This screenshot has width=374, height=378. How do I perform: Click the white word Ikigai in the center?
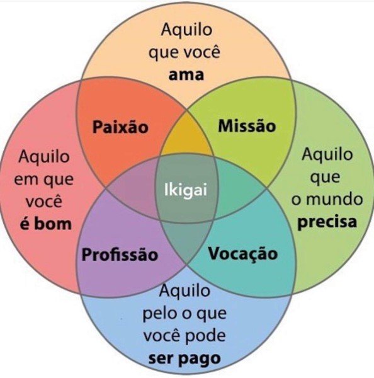(x=186, y=190)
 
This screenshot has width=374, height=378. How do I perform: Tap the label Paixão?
(x=120, y=127)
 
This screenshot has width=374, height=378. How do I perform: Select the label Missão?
(x=247, y=125)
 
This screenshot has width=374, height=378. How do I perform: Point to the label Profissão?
(x=120, y=254)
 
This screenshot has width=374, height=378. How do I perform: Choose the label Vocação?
(x=243, y=254)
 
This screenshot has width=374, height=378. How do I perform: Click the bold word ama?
(x=186, y=75)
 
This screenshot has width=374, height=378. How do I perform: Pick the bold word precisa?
(x=327, y=222)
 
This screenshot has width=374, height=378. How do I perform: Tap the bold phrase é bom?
(x=46, y=223)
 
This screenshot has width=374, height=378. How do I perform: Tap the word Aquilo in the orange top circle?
(x=187, y=30)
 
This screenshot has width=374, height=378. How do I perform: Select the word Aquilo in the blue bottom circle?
(x=184, y=291)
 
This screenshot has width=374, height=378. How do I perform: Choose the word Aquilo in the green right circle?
(x=327, y=154)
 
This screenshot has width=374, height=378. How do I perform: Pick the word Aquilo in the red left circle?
(x=44, y=157)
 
